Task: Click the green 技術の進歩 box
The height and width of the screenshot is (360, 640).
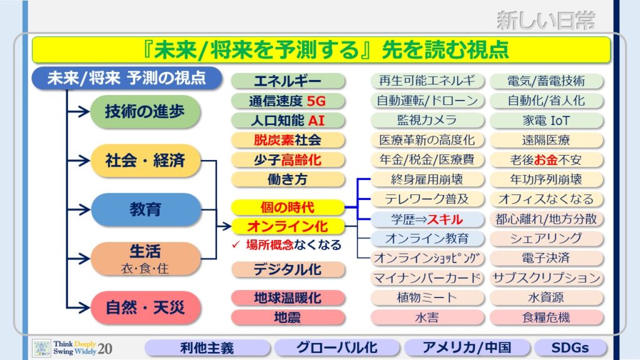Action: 145,111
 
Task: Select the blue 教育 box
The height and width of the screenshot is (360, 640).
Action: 146,209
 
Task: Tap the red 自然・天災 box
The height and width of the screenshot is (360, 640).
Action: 146,307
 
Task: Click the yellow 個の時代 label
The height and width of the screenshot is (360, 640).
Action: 287,207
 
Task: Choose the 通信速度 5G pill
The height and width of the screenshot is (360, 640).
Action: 287,101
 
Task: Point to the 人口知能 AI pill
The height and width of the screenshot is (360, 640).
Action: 287,121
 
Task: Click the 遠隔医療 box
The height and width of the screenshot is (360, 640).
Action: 546,140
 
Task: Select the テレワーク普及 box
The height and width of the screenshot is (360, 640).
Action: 427,199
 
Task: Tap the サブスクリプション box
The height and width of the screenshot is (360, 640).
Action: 546,278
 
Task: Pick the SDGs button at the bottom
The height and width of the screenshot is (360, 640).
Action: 570,347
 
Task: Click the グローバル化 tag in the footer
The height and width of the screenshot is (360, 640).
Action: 337,347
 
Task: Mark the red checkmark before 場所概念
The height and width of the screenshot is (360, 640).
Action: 236,244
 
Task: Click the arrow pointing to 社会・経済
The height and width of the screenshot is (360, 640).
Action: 78,161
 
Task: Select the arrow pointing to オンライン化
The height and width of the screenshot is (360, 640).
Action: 224,226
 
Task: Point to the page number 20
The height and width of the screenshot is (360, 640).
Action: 105,349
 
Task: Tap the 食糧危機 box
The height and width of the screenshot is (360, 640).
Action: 546,317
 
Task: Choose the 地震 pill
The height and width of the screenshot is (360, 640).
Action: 287,317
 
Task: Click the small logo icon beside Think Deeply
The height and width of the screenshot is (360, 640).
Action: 42,347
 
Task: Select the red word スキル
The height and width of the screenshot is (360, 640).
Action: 445,219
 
